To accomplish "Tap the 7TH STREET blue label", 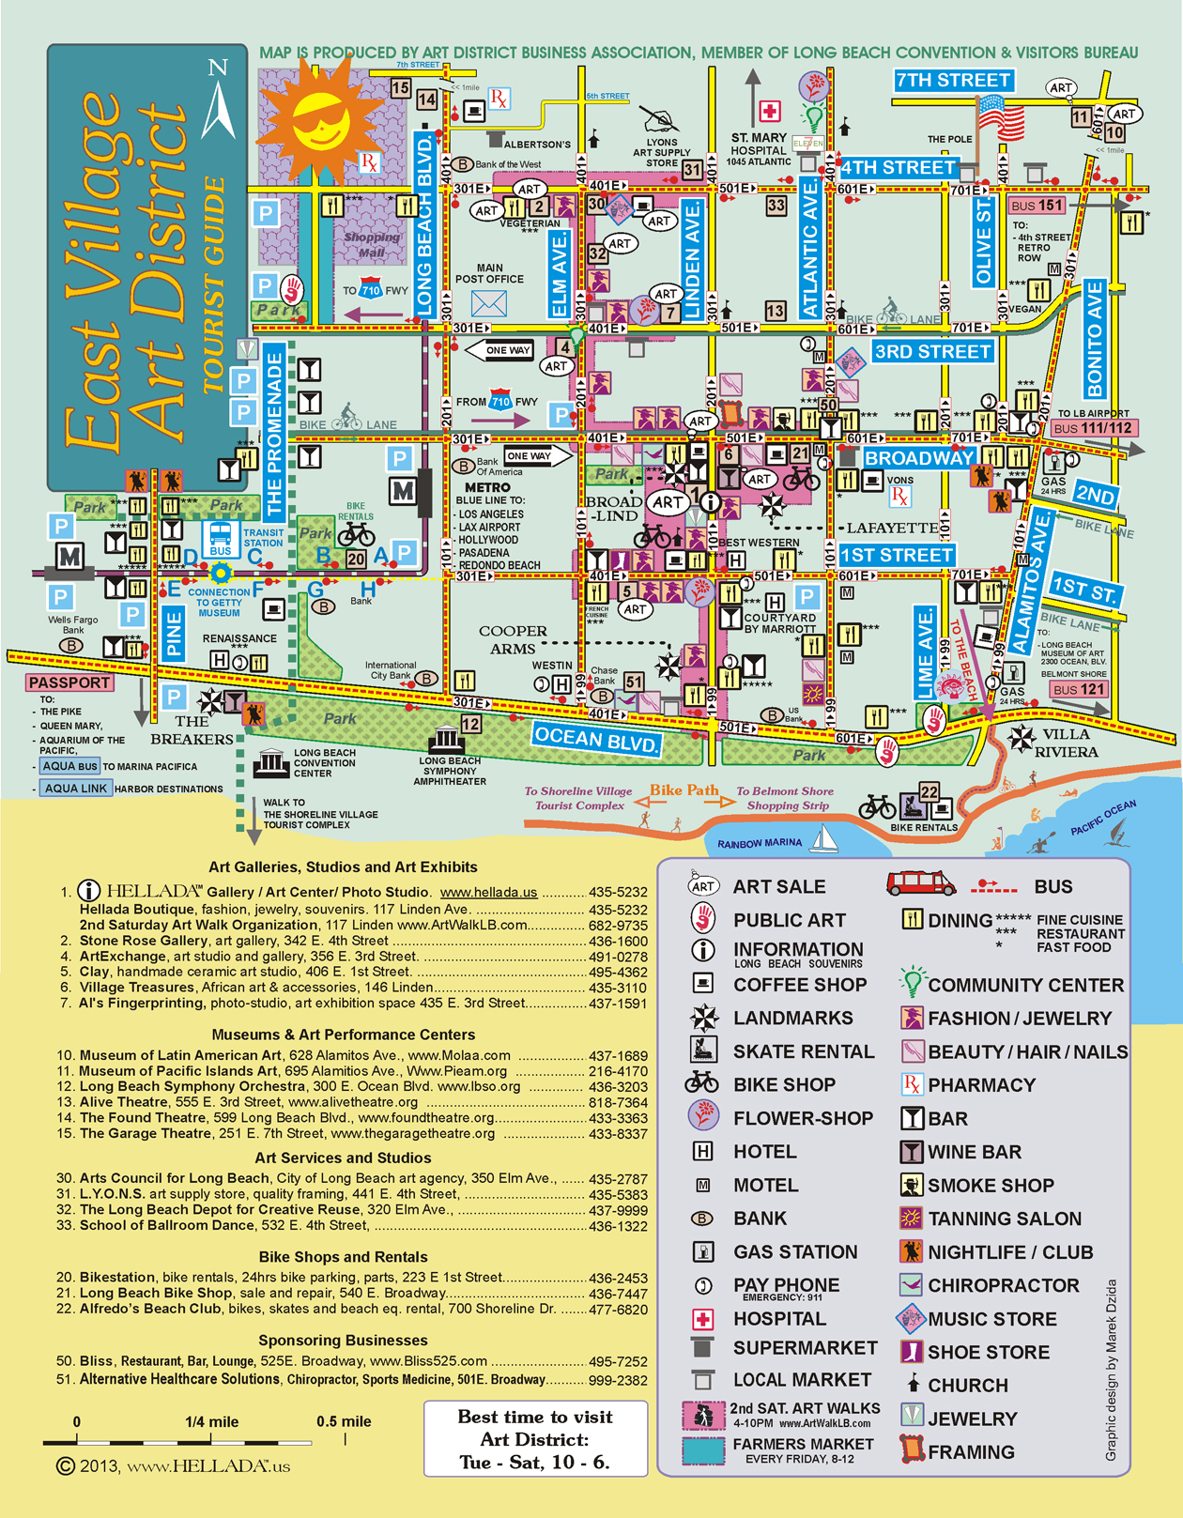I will pyautogui.click(x=953, y=81).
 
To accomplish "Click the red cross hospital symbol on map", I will pyautogui.click(x=770, y=112).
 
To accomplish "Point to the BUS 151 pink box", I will pyautogui.click(x=1037, y=205).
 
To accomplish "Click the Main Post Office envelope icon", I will pyautogui.click(x=489, y=303).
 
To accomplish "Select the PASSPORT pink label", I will pyautogui.click(x=69, y=682).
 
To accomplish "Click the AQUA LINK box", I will pyautogui.click(x=76, y=789).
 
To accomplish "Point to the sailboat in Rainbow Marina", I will pyautogui.click(x=824, y=838).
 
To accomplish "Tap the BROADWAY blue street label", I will pyautogui.click(x=918, y=458).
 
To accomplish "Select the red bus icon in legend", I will pyautogui.click(x=921, y=884).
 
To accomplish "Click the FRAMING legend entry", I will pyautogui.click(x=971, y=1452).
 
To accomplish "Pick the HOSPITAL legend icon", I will pyautogui.click(x=702, y=1319).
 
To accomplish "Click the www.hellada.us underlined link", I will pyautogui.click(x=488, y=893).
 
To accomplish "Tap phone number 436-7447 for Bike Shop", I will pyautogui.click(x=618, y=1294).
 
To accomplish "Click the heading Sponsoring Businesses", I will pyautogui.click(x=343, y=1341).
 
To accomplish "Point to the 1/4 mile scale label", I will pyautogui.click(x=211, y=1421).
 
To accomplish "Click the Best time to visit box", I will pyautogui.click(x=535, y=1438).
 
